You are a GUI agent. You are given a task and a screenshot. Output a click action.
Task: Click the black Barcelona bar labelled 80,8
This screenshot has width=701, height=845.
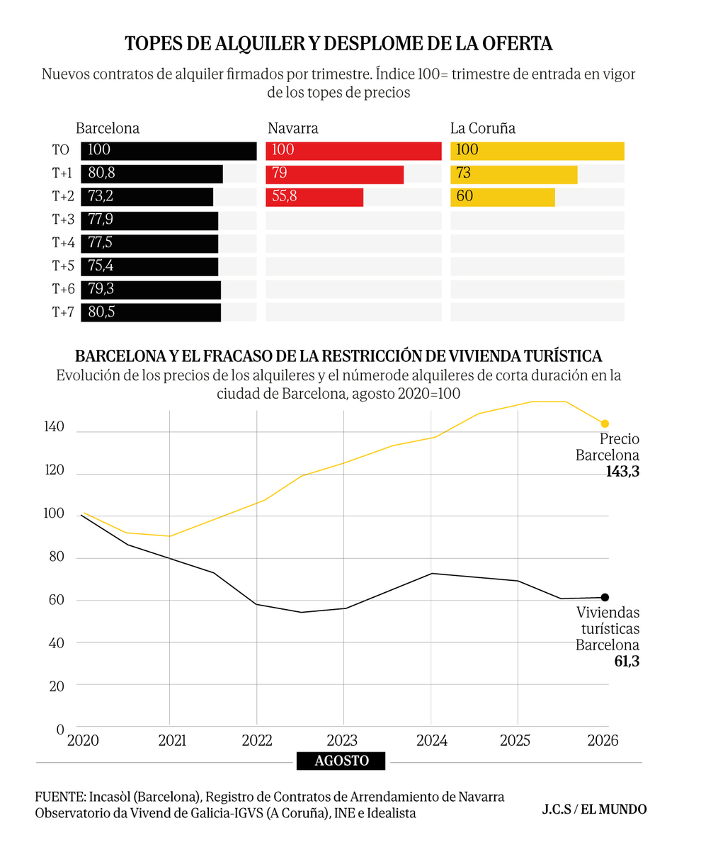coord(152,174)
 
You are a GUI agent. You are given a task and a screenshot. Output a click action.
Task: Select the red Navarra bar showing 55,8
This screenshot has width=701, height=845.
coord(314,197)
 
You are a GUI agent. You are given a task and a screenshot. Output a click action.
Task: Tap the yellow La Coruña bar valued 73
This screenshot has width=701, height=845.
coord(514,174)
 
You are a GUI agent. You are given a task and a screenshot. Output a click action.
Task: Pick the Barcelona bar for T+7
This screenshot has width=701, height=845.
coord(151,312)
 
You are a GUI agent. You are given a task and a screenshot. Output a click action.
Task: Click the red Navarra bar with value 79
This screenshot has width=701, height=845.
coord(335,174)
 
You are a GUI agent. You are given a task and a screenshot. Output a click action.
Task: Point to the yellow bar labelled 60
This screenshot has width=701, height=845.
coord(503,197)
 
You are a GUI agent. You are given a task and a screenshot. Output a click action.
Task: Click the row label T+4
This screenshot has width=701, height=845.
coord(63,243)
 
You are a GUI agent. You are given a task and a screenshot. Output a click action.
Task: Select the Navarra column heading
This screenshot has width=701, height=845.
coord(293,128)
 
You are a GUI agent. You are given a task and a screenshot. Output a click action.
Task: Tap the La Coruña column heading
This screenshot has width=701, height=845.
coord(483,128)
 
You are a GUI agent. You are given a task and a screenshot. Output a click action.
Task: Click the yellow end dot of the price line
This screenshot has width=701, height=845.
coord(605,424)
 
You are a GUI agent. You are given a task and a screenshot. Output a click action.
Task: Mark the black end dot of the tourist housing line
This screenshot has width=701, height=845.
coord(605,597)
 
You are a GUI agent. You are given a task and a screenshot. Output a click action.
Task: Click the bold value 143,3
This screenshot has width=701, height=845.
coord(622,472)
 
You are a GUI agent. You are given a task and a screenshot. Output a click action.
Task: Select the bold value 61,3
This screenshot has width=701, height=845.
coord(627,662)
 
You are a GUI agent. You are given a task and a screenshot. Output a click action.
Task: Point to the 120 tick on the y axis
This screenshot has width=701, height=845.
coord(54,470)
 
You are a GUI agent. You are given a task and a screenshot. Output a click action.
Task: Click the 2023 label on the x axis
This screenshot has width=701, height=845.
coord(343,740)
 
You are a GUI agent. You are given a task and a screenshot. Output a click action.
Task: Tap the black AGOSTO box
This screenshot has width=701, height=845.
coord(341,761)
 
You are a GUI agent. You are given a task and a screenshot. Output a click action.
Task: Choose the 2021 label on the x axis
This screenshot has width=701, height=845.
coord(172,740)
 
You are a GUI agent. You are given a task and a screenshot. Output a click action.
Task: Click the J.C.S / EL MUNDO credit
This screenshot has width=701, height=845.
coord(594,809)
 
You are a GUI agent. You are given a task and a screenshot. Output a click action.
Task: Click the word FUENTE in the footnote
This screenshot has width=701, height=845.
coord(59,797)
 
